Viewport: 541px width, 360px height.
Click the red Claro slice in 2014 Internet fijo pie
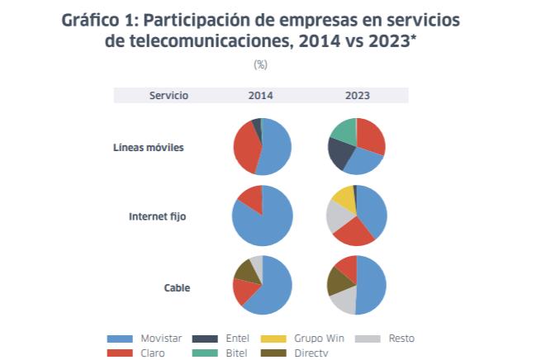(x=251, y=197)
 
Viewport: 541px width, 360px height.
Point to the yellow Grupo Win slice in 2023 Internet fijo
(x=343, y=198)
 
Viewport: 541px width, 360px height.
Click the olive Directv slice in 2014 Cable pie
(x=245, y=270)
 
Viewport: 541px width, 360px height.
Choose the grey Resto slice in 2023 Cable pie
(x=344, y=300)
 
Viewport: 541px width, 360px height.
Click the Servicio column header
(x=168, y=96)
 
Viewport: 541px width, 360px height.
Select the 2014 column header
(x=261, y=96)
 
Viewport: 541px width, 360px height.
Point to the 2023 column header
(x=357, y=96)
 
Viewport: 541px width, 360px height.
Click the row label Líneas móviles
(x=148, y=148)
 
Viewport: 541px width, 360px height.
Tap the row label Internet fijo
(x=157, y=217)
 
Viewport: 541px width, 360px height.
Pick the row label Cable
(x=177, y=288)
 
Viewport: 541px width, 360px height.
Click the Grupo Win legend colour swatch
(x=274, y=339)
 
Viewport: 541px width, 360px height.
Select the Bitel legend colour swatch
(x=205, y=353)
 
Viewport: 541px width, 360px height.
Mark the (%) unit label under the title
(x=261, y=64)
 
